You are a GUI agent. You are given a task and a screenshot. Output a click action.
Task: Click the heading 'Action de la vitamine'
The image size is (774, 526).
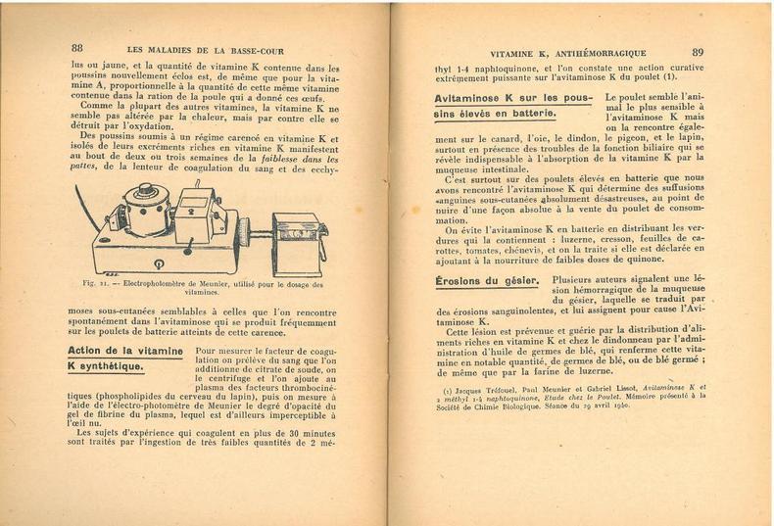124,351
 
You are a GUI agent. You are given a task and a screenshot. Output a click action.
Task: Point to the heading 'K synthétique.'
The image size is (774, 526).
105,367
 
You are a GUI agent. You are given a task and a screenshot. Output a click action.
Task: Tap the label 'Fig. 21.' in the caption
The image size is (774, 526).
96,284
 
